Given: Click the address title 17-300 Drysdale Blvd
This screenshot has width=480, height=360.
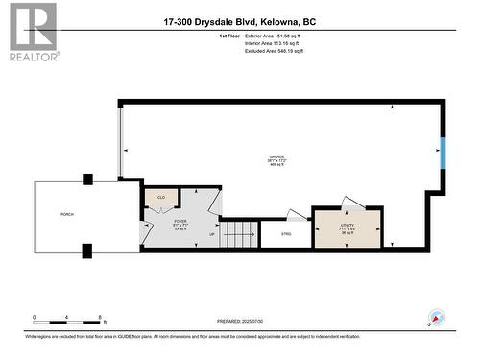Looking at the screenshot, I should tap(239, 21).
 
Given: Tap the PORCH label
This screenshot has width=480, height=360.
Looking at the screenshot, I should tap(67, 214).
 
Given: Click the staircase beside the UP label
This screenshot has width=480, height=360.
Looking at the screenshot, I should tap(242, 233).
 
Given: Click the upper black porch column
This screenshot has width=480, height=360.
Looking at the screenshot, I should tap(88, 179).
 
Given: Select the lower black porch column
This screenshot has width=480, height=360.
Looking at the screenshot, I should tap(88, 251).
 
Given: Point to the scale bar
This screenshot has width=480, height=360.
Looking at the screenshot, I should tap(69, 318).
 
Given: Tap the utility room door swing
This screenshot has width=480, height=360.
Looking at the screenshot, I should tap(351, 202).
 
